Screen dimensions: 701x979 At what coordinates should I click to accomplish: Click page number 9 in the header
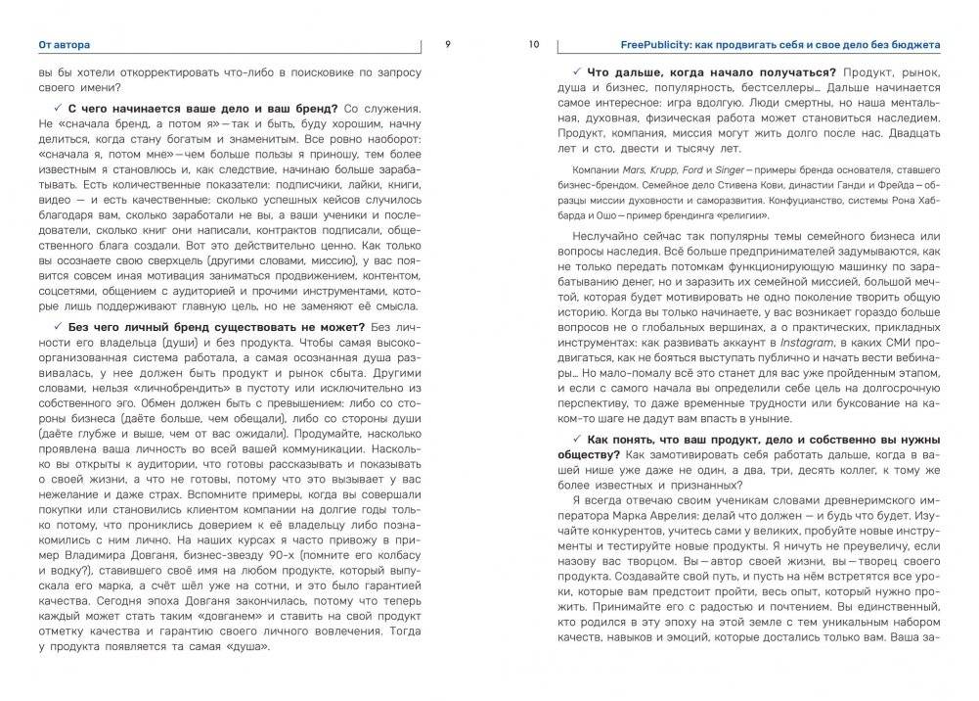pos(447,45)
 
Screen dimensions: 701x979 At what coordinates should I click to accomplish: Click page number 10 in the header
pos(533,45)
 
